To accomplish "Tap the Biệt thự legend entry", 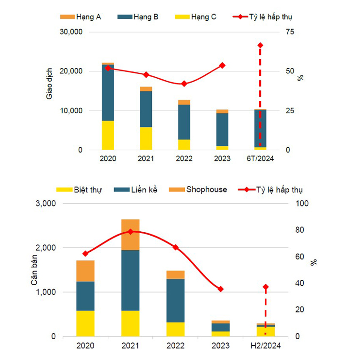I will click(x=88, y=189).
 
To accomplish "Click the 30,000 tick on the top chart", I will click(x=71, y=32).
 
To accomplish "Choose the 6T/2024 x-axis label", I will click(x=261, y=159).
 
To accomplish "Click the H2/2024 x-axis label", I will click(x=265, y=346).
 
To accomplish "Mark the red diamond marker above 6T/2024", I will click(x=261, y=45).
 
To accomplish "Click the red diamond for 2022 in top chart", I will click(x=184, y=84).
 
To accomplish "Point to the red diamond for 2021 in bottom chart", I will click(x=130, y=232).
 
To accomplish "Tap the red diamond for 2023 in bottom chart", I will click(x=220, y=289).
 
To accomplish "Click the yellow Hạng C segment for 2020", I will click(x=108, y=135).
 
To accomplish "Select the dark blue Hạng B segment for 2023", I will click(x=222, y=129).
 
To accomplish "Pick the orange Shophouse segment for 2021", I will click(x=130, y=234).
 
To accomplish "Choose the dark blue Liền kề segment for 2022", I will click(x=175, y=300).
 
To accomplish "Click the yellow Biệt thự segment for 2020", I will click(x=85, y=323).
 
